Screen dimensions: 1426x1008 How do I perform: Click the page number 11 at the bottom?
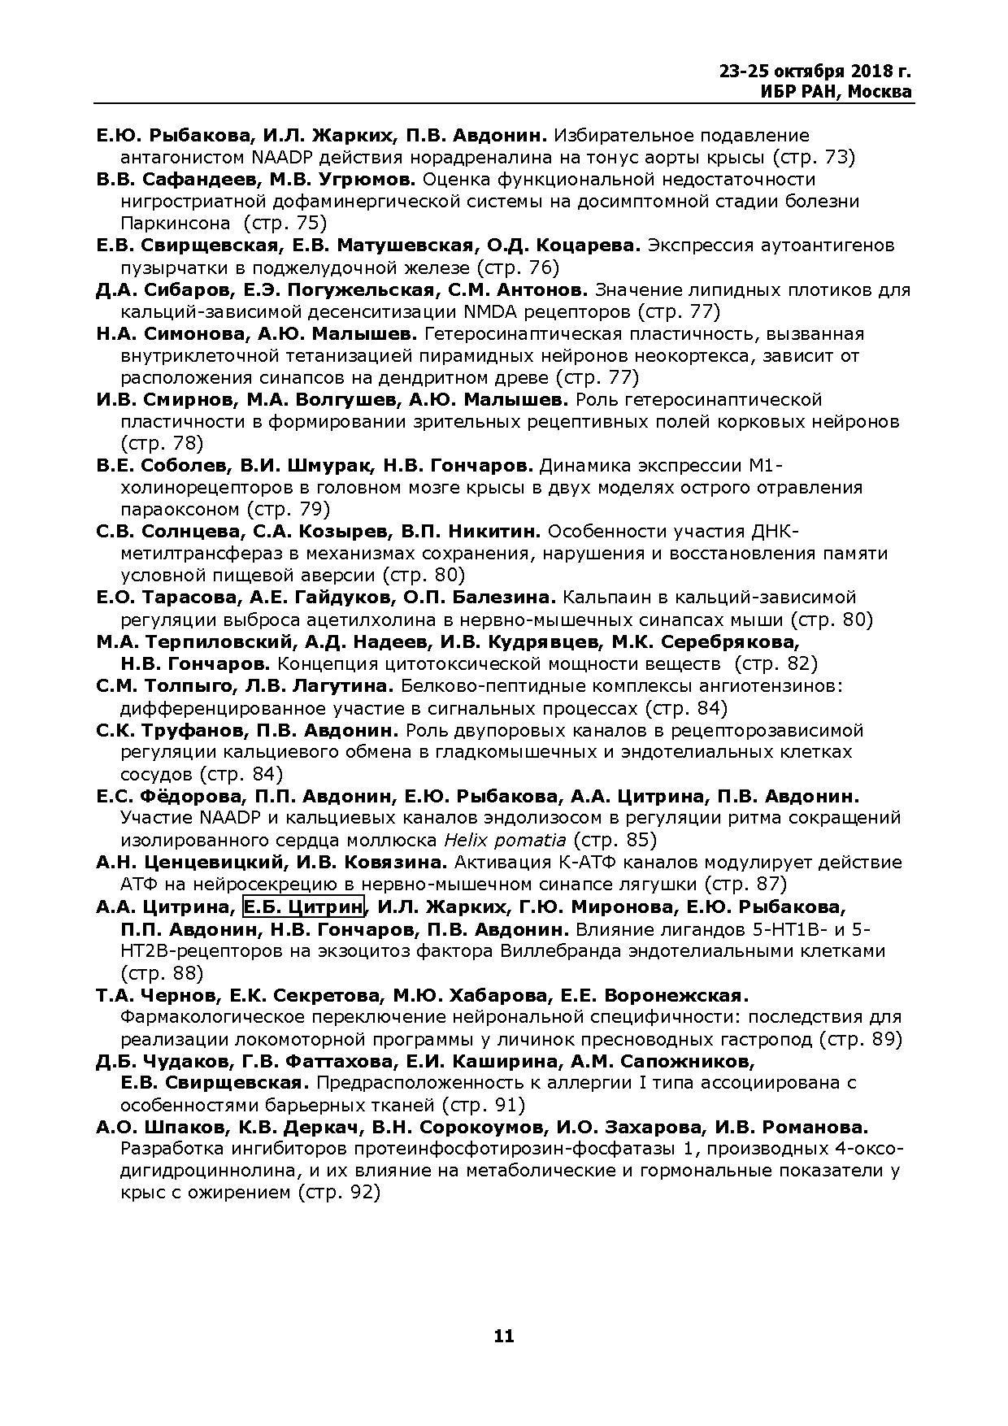click(503, 1336)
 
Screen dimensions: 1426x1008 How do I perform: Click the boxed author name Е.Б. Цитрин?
click(304, 906)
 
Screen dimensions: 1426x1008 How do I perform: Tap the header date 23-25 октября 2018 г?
click(815, 71)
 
